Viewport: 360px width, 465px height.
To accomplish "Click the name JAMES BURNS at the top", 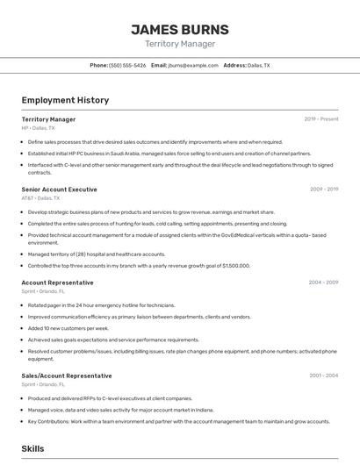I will click(179, 29).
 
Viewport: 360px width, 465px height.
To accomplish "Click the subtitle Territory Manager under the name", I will click(179, 44).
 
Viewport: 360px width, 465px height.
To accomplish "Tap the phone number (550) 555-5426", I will click(127, 65).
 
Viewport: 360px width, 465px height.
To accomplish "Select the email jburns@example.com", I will click(192, 65).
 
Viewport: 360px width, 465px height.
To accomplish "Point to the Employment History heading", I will click(65, 100).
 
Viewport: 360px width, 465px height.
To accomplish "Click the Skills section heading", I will click(32, 448).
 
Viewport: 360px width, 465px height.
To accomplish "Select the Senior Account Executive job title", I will click(59, 190).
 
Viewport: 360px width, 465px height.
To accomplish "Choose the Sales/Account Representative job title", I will click(67, 376).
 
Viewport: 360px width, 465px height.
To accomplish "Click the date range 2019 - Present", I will click(320, 119).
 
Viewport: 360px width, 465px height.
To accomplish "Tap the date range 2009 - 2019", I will click(323, 190).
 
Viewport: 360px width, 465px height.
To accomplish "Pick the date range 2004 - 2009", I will click(323, 283).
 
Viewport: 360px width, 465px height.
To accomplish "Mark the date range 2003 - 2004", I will click(323, 376).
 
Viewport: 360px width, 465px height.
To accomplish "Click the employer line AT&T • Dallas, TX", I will click(40, 198).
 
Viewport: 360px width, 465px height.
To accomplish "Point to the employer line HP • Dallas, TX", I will click(37, 128).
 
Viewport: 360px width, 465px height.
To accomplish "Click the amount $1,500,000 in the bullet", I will click(235, 266).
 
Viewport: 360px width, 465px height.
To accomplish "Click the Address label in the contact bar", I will click(234, 65).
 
